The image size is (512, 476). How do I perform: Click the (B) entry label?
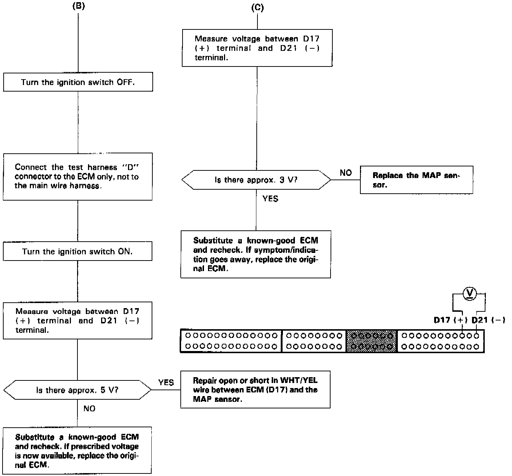(79, 7)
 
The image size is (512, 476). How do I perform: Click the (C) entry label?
(257, 8)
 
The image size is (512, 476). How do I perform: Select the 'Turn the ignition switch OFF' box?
(78, 82)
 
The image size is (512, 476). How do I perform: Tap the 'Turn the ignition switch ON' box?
(77, 251)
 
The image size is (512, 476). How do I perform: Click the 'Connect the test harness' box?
(77, 177)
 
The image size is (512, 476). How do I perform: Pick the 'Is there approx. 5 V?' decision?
(77, 390)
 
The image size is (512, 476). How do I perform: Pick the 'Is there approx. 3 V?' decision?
(256, 179)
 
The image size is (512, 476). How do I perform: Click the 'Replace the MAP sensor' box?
(416, 180)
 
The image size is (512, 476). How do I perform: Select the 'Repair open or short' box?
(255, 390)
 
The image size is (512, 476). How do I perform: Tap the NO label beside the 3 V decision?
(346, 173)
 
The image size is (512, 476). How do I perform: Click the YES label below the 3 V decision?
(270, 198)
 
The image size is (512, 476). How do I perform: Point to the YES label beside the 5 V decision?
(166, 382)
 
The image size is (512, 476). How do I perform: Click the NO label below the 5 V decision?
(89, 408)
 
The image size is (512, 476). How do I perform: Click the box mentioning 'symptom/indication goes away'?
(256, 254)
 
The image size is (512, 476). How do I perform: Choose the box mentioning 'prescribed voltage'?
(77, 451)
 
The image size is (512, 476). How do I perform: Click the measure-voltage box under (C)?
(257, 48)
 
